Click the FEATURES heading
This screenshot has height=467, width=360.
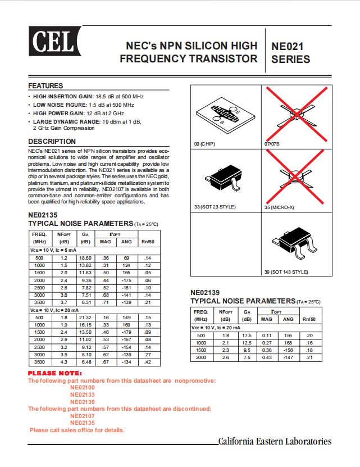[x=45, y=86]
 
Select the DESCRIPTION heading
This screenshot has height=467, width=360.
[x=52, y=142]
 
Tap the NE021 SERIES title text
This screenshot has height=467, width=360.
[x=290, y=52]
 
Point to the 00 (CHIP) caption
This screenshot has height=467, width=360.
[x=204, y=144]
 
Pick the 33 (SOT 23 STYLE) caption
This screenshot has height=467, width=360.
[x=215, y=208]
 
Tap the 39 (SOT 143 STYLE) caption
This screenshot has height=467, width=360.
[x=286, y=272]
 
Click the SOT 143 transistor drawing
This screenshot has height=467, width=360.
[x=294, y=243]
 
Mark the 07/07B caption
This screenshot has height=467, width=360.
[x=272, y=144]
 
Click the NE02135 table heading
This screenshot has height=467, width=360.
[x=43, y=215]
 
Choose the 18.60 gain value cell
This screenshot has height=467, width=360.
[x=85, y=257]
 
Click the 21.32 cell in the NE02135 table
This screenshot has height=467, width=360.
[x=85, y=318]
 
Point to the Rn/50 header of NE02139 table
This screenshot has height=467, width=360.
[x=309, y=319]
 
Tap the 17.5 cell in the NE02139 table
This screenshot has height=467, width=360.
[x=247, y=335]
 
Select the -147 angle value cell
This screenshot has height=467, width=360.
[x=288, y=357]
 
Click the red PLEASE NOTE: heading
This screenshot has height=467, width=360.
[x=55, y=374]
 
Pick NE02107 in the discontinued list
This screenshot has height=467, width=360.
[x=83, y=416]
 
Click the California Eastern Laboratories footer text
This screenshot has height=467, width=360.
[x=275, y=442]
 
